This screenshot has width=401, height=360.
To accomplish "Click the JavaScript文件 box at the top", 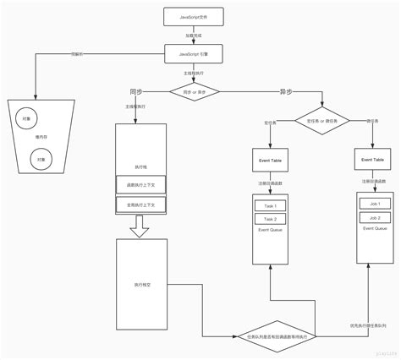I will tap(194, 17).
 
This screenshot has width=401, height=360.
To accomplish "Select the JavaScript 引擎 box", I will tap(194, 52).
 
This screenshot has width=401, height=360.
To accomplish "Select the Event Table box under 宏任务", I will tap(270, 159).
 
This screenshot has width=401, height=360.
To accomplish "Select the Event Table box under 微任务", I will tap(372, 159).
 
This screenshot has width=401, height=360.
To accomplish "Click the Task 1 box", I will tap(270, 205).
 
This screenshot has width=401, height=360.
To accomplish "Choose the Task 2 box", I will tap(270, 219).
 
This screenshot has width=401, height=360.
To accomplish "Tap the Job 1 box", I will tap(372, 203).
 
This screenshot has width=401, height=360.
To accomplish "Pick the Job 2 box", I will tap(372, 217).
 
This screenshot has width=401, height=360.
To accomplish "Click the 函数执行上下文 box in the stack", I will tap(141, 186).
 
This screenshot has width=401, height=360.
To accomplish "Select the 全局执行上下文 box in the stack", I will tap(141, 205).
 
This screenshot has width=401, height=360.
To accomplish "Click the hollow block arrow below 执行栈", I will tap(141, 226).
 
